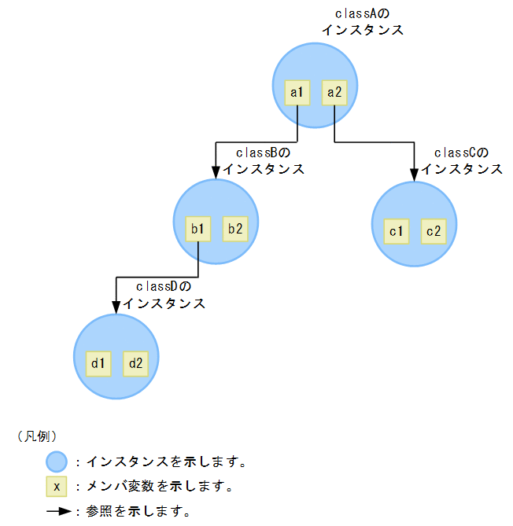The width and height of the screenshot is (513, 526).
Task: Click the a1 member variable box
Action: pos(297,93)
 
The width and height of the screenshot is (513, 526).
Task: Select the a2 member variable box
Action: pos(334,93)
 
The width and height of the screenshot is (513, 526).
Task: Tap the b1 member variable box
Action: pos(197,229)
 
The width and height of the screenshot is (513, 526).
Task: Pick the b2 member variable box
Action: pos(234,229)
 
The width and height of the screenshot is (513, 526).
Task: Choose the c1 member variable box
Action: pos(396,231)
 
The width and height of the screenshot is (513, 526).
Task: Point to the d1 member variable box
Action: pos(98,363)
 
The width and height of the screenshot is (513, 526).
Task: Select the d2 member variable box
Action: pos(135,363)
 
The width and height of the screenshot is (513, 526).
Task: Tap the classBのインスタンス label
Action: pos(263,161)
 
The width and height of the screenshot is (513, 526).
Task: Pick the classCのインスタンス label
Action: pos(461,161)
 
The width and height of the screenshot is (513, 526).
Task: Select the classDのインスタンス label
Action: pos(164,296)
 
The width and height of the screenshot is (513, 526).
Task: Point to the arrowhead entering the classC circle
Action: pos(414,174)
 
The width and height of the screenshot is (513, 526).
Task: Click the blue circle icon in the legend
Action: pos(57,461)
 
